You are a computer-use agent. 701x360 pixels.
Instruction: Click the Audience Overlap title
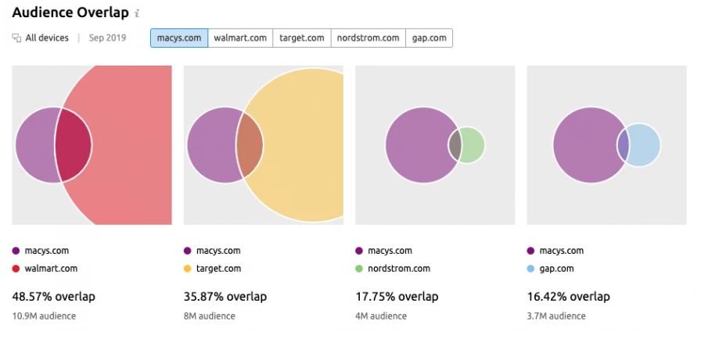point(70,12)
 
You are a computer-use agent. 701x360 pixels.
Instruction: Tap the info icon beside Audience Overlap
point(137,13)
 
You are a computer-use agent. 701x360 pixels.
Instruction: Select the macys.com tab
point(179,38)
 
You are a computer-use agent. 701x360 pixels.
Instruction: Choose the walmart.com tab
point(240,38)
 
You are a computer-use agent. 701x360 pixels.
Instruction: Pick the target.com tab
point(301,38)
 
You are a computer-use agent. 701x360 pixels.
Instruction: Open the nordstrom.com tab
point(368,38)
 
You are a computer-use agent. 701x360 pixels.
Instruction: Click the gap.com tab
point(429,38)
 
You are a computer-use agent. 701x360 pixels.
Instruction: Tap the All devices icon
point(16,38)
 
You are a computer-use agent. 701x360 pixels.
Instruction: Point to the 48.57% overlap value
point(53,297)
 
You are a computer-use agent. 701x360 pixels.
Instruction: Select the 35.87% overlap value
point(225,297)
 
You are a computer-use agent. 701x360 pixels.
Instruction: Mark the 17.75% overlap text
point(397,297)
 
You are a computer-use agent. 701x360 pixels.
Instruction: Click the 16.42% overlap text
point(569,297)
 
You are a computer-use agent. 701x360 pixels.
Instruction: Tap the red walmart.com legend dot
point(16,269)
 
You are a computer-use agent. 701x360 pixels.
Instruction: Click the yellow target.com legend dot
point(188,269)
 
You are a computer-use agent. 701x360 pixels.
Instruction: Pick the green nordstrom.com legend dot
point(359,269)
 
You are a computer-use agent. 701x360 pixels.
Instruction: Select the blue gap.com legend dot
point(531,269)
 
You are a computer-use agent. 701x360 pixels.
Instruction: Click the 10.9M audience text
point(44,316)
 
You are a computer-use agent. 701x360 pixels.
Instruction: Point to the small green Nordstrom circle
point(473,145)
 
